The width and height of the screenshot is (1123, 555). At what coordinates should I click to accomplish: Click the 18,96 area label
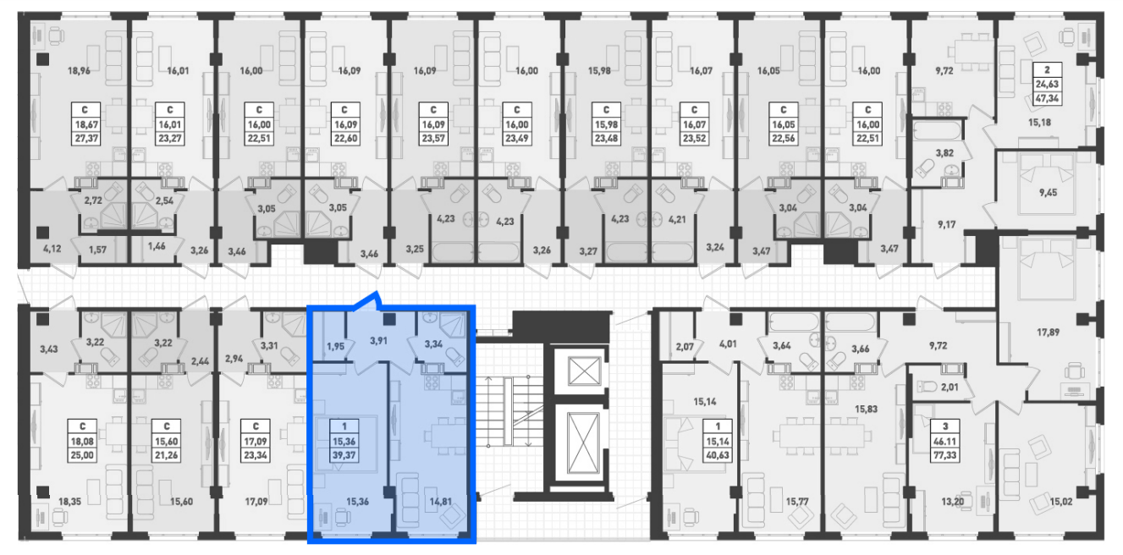point(80,71)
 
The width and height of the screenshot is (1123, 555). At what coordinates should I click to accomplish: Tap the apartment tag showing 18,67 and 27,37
point(85,124)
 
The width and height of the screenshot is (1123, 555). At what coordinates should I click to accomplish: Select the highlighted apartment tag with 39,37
point(344,441)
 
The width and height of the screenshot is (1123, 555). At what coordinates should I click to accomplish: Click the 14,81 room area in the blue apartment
point(441,502)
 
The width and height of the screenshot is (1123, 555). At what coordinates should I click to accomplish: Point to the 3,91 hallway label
point(378,341)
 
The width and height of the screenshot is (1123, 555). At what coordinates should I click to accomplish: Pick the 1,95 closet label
point(335,346)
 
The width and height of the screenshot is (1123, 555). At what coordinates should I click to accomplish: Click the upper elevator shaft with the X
point(583,371)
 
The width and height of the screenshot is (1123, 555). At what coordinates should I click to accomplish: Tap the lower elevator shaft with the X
point(583,443)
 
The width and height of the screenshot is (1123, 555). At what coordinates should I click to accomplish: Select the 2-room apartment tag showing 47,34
point(1047,84)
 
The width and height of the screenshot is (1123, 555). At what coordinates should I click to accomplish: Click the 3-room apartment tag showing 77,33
point(944,441)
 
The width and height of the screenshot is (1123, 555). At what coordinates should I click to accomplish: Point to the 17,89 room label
point(1048,332)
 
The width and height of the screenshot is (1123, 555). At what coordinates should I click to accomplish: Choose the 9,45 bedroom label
point(1048,193)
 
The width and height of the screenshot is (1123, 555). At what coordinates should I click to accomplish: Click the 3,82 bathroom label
point(944,153)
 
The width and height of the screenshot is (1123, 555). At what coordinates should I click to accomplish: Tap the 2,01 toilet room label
point(950,387)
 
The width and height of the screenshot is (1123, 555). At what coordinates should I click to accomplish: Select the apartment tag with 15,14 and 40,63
point(718,441)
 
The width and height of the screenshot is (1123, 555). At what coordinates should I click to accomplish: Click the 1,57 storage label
point(97,250)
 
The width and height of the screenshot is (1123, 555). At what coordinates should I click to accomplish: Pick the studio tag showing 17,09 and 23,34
point(256,441)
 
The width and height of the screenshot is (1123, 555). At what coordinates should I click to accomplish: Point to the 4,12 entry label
point(52,248)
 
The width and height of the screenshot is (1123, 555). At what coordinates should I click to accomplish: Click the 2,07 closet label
point(685,346)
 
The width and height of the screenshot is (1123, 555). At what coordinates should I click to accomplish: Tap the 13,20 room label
point(953,502)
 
